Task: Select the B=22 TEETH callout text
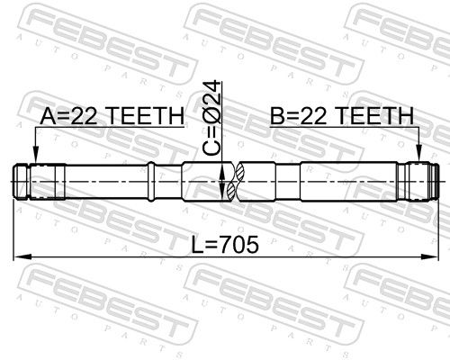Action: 341,117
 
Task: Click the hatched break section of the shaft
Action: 231,180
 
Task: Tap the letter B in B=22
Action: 277,117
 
